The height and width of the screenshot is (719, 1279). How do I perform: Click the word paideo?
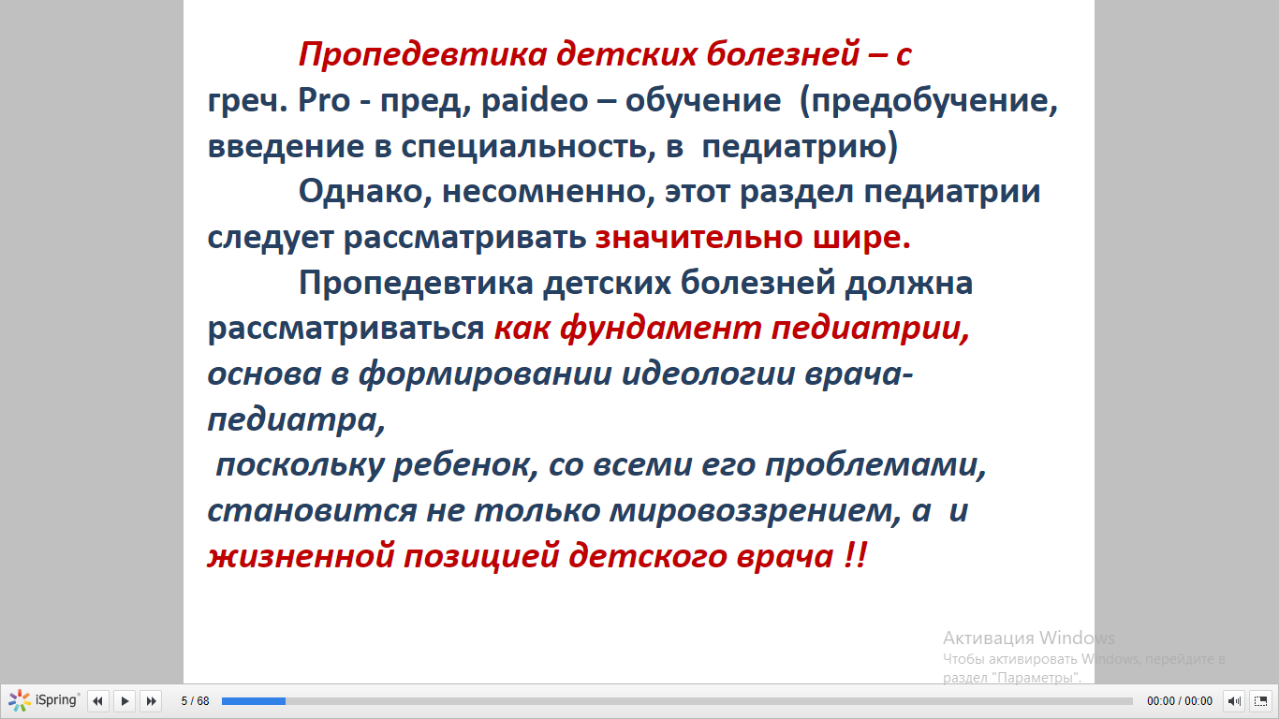pyautogui.click(x=535, y=101)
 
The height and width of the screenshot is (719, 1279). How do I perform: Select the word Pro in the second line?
pyautogui.click(x=324, y=100)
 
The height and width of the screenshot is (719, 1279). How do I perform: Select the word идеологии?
pyautogui.click(x=708, y=374)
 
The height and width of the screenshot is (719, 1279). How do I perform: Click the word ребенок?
pyautogui.click(x=466, y=465)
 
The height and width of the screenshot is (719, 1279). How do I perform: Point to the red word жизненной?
pyautogui.click(x=301, y=556)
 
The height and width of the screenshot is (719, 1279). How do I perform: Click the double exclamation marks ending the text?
pyautogui.click(x=855, y=555)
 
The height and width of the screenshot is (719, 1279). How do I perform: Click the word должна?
pyautogui.click(x=909, y=284)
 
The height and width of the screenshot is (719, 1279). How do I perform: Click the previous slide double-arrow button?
pyautogui.click(x=97, y=700)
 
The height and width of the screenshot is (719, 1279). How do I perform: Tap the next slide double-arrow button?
pyautogui.click(x=151, y=700)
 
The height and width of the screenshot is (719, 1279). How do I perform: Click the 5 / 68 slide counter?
pyautogui.click(x=195, y=700)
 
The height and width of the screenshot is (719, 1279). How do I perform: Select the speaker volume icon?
pyautogui.click(x=1234, y=700)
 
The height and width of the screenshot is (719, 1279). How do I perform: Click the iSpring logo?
pyautogui.click(x=43, y=700)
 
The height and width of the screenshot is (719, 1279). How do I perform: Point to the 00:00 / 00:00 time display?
pyautogui.click(x=1180, y=700)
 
